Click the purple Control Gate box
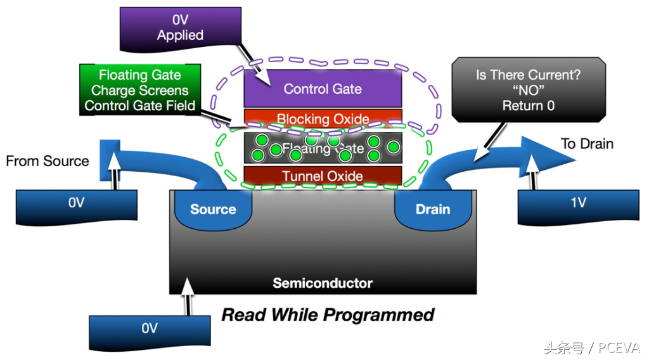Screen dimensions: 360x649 coord(323,89)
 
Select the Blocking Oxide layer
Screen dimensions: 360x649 coord(323,119)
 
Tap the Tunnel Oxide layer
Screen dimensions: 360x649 coord(323,176)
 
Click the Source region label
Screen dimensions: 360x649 coord(213,209)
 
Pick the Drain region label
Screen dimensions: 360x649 coord(433,209)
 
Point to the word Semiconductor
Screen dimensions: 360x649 coord(323,283)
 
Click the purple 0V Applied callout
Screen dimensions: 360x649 coord(181,28)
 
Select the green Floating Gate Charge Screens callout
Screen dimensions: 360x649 coord(139,90)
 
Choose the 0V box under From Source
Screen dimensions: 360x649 coord(76,203)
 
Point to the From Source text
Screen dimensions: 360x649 coord(48,161)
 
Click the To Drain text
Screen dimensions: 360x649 coord(587,144)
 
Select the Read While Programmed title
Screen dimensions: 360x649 coord(328,314)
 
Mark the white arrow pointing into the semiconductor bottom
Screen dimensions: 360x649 coord(187,296)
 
